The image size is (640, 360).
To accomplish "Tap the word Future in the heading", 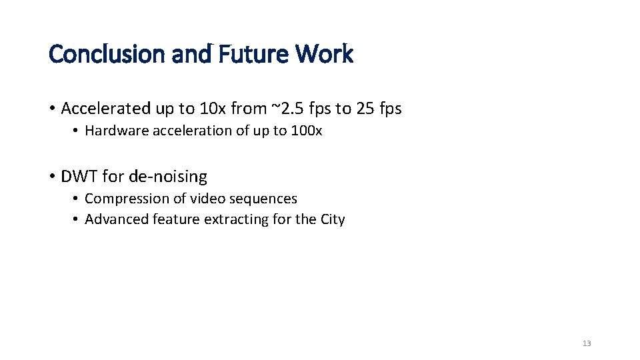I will coord(237,54).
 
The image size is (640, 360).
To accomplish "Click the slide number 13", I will coord(587,343).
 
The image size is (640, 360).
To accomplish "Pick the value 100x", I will coord(307,131).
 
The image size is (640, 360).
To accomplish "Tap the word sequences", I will coord(265,199).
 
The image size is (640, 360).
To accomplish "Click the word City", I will coord(332,219).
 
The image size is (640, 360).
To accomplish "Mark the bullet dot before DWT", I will coord(52,177).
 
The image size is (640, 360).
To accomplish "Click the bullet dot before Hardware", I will coord(77,131).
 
